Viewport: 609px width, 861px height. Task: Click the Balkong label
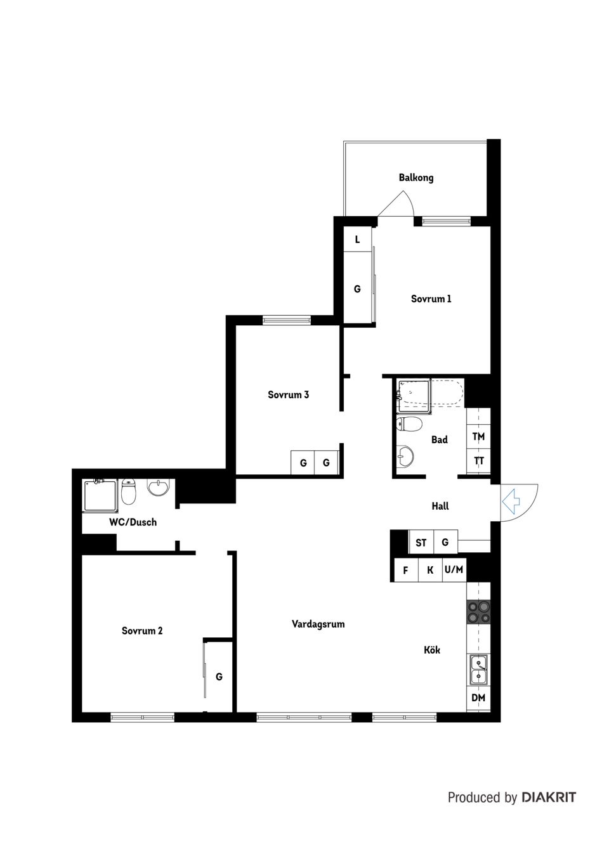coord(416,178)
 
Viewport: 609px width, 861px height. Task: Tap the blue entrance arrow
coord(511,502)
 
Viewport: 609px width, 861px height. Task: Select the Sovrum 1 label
coord(431,299)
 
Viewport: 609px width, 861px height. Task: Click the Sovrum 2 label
coord(142,631)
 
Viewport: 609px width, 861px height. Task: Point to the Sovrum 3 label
coord(288,394)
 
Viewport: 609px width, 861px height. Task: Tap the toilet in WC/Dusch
coord(129,492)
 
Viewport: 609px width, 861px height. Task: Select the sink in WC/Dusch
coord(158,488)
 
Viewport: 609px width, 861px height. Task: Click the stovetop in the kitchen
coord(478,612)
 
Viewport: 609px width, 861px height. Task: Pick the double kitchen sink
coord(478,670)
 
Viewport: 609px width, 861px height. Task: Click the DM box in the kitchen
coord(478,698)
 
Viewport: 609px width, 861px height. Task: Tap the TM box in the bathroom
coord(478,437)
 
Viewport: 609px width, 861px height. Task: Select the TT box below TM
coord(478,461)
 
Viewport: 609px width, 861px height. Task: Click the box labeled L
coord(358,240)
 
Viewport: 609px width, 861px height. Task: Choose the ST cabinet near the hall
coord(421,543)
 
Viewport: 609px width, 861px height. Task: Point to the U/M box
coord(454,570)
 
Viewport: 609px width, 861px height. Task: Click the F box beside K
coord(406,571)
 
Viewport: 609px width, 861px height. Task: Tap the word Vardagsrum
coord(318,624)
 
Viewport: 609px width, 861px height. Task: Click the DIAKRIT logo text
coord(549,798)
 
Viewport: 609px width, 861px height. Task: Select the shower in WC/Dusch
coord(101,496)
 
